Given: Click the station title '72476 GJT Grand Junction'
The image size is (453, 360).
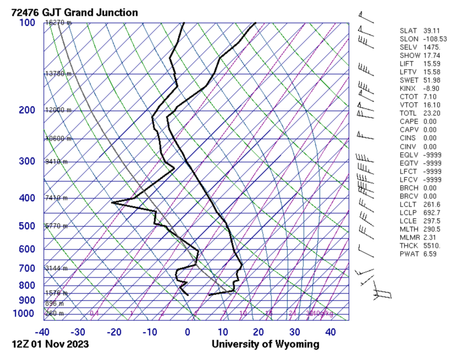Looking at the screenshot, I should coord(74,12).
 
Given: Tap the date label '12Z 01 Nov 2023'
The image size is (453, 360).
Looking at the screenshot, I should coord(50,344).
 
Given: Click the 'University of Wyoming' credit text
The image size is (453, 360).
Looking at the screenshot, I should coord(265,344).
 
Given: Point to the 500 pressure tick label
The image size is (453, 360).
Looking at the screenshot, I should coord(27,226).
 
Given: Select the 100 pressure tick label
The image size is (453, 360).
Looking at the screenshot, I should coord(27,23).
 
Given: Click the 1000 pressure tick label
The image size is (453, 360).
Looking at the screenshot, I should coord(25,314).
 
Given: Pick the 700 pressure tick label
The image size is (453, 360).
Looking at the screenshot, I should coord(27,268).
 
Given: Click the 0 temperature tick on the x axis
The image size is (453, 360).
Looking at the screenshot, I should coord(188,331).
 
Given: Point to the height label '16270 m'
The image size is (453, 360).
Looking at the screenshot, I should coord(58,23).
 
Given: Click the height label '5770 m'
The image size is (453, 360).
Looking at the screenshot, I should coord(56,226).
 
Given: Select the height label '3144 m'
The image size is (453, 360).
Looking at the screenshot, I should coord(56,268).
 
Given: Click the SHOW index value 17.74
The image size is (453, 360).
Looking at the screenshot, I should coord(432,56).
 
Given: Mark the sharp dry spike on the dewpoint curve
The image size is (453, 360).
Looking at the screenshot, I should coord(112,203).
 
